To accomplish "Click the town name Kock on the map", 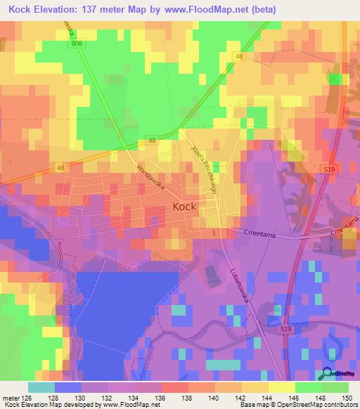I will click(184, 207).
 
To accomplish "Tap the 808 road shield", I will click(77, 44).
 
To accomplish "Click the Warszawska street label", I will click(151, 179).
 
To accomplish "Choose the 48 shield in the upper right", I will click(240, 56).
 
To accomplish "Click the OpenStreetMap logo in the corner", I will click(338, 373).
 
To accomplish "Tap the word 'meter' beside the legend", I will click(10, 397).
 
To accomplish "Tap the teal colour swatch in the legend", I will click(41, 387).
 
